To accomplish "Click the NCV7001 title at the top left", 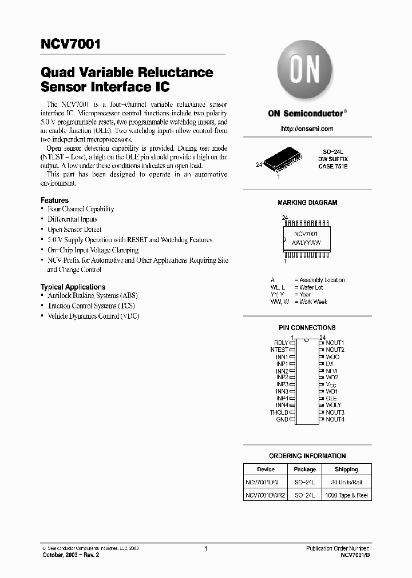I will [71, 44].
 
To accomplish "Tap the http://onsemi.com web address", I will [307, 129].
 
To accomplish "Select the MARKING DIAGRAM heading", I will [307, 203].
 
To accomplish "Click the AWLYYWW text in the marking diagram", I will [307, 243].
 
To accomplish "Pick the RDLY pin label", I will [281, 343].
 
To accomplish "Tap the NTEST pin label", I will [279, 350].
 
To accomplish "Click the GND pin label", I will [282, 419].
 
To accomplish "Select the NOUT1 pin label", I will [335, 343].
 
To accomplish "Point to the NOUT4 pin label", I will [335, 419].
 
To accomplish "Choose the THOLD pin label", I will [279, 412].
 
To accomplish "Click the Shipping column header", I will [346, 469].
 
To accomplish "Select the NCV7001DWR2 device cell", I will [265, 495].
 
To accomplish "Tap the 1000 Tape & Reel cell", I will [346, 495].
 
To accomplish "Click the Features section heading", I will [54, 200].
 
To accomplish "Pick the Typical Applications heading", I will [73, 287].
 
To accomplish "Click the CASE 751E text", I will [333, 166].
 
